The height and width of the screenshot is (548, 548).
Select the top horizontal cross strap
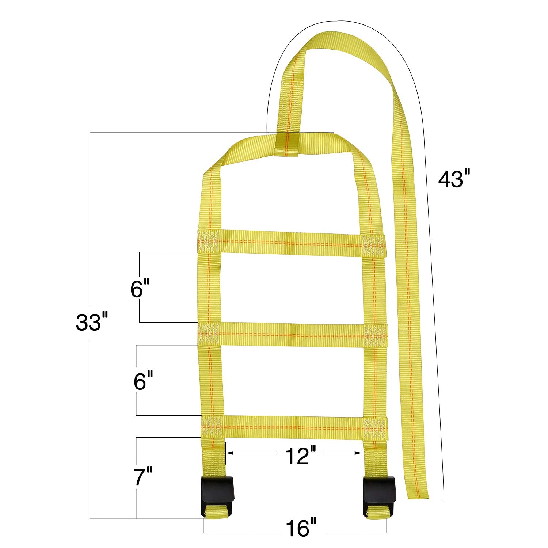290,243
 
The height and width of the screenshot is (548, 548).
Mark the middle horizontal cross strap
292,335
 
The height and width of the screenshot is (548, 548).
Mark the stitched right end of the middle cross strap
376,335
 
